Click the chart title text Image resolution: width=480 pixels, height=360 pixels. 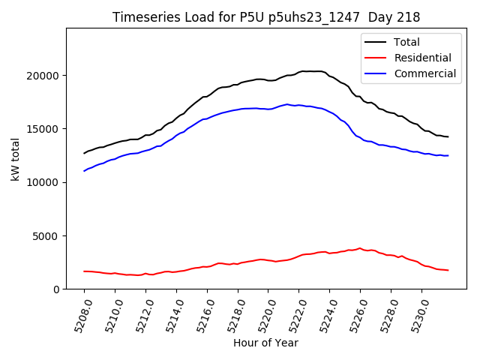pos(266,17)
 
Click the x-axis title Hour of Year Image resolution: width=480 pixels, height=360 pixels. pos(265,343)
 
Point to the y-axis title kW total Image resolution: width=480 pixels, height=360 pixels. pos(15,159)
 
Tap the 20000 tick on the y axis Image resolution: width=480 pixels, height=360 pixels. pos(44,76)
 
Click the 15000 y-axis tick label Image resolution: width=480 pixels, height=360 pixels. pos(44,129)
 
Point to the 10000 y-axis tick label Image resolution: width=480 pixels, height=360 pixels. pos(44,182)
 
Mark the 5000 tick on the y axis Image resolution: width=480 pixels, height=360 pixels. pos(47,236)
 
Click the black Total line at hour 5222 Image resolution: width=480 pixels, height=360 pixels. pos(299,72)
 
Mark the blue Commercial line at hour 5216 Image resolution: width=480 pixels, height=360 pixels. pos(207,118)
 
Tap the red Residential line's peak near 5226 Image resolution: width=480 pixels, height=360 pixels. pos(360,248)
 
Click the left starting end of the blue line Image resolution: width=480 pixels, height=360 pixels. pos(85,171)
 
